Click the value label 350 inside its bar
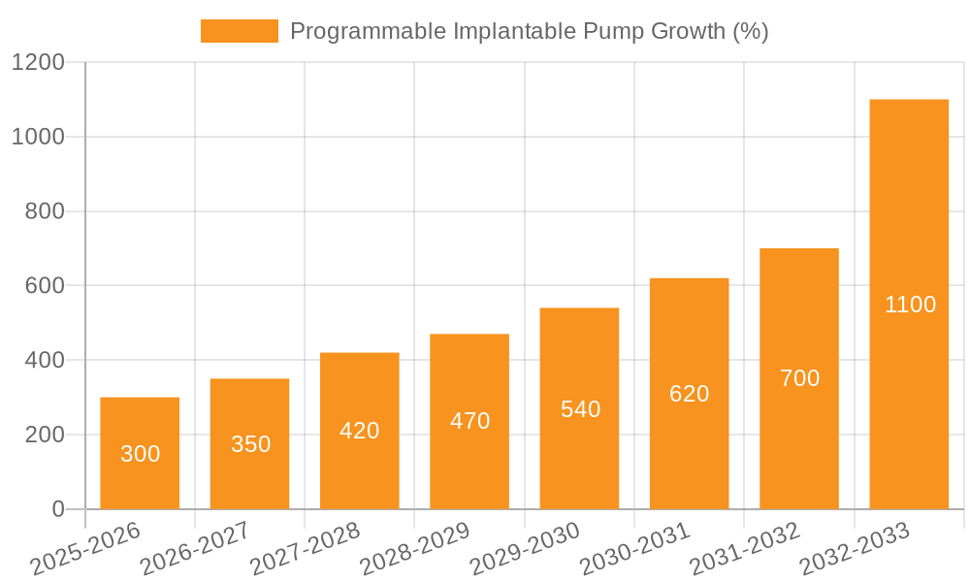pyautogui.click(x=250, y=444)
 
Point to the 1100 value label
pyautogui.click(x=910, y=305)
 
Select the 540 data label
pyautogui.click(x=580, y=409)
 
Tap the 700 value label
pyautogui.click(x=799, y=378)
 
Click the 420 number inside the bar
pyautogui.click(x=360, y=431)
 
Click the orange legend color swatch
pyautogui.click(x=239, y=31)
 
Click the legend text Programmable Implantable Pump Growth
pyautogui.click(x=529, y=31)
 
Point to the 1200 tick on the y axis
pyautogui.click(x=38, y=62)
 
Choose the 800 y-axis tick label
pyautogui.click(x=45, y=211)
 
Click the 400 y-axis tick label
pyautogui.click(x=45, y=360)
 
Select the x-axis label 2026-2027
pyautogui.click(x=195, y=548)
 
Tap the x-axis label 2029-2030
pyautogui.click(x=525, y=548)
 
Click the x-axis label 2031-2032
pyautogui.click(x=745, y=548)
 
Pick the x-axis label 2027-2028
pyautogui.click(x=305, y=548)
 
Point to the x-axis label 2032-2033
pyautogui.click(x=855, y=548)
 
